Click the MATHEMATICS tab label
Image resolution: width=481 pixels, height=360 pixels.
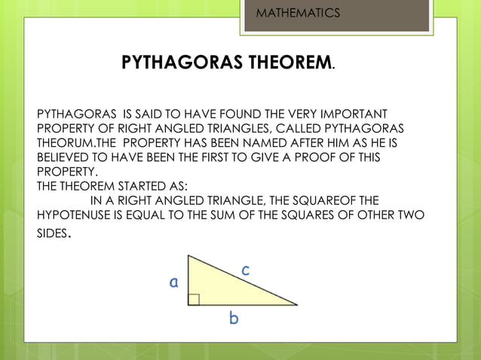[x=298, y=14]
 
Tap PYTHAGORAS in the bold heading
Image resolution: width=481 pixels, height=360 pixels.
[x=176, y=63]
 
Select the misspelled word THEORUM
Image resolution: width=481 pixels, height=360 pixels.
[x=63, y=142]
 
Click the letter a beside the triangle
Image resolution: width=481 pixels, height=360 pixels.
[x=174, y=282]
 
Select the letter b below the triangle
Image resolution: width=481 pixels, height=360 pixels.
[x=234, y=319]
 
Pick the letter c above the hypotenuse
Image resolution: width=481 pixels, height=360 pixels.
[x=246, y=268]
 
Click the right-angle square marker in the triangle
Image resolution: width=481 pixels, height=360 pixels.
[x=194, y=299]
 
